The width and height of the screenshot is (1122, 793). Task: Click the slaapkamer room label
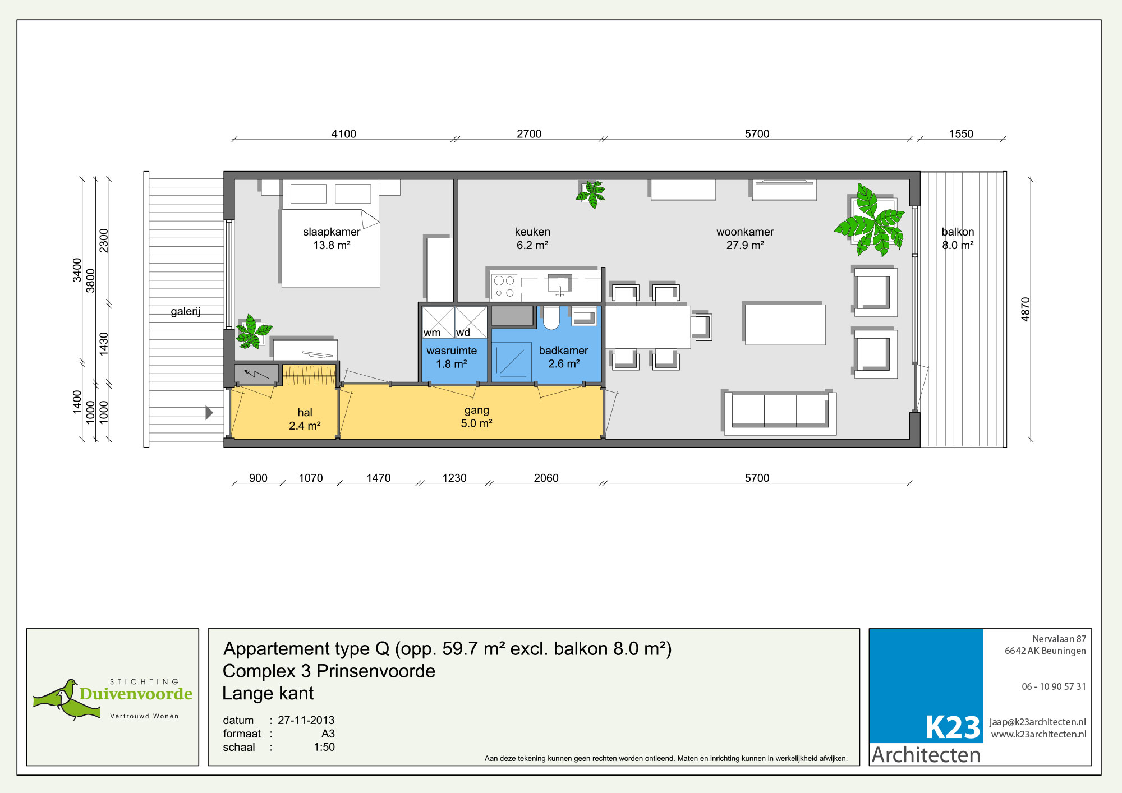coord(332,238)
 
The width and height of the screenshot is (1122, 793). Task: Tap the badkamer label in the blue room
coord(563,357)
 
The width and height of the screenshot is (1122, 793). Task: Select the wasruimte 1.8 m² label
coord(452,357)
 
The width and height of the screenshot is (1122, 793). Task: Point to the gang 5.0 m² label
coord(476,417)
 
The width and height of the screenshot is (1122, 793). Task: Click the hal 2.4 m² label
coord(305,419)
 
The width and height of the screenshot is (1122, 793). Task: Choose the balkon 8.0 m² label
coord(958,238)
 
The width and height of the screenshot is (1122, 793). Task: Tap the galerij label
coord(186,311)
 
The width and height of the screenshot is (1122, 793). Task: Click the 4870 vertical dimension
coord(1026,309)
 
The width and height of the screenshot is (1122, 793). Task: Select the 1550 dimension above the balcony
coord(961,133)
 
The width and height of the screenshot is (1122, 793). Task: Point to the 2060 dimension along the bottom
coord(546,478)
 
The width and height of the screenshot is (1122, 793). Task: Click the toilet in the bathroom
coord(551,317)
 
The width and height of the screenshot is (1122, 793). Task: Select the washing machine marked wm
coord(438,322)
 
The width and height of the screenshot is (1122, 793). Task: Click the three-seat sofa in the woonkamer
coord(780,413)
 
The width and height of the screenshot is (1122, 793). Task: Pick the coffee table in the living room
coord(785,324)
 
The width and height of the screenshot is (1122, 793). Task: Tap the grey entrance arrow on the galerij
coord(209,413)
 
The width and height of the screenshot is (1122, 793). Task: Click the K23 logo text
coord(952,727)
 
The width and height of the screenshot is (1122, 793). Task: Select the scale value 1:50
coord(324,747)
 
